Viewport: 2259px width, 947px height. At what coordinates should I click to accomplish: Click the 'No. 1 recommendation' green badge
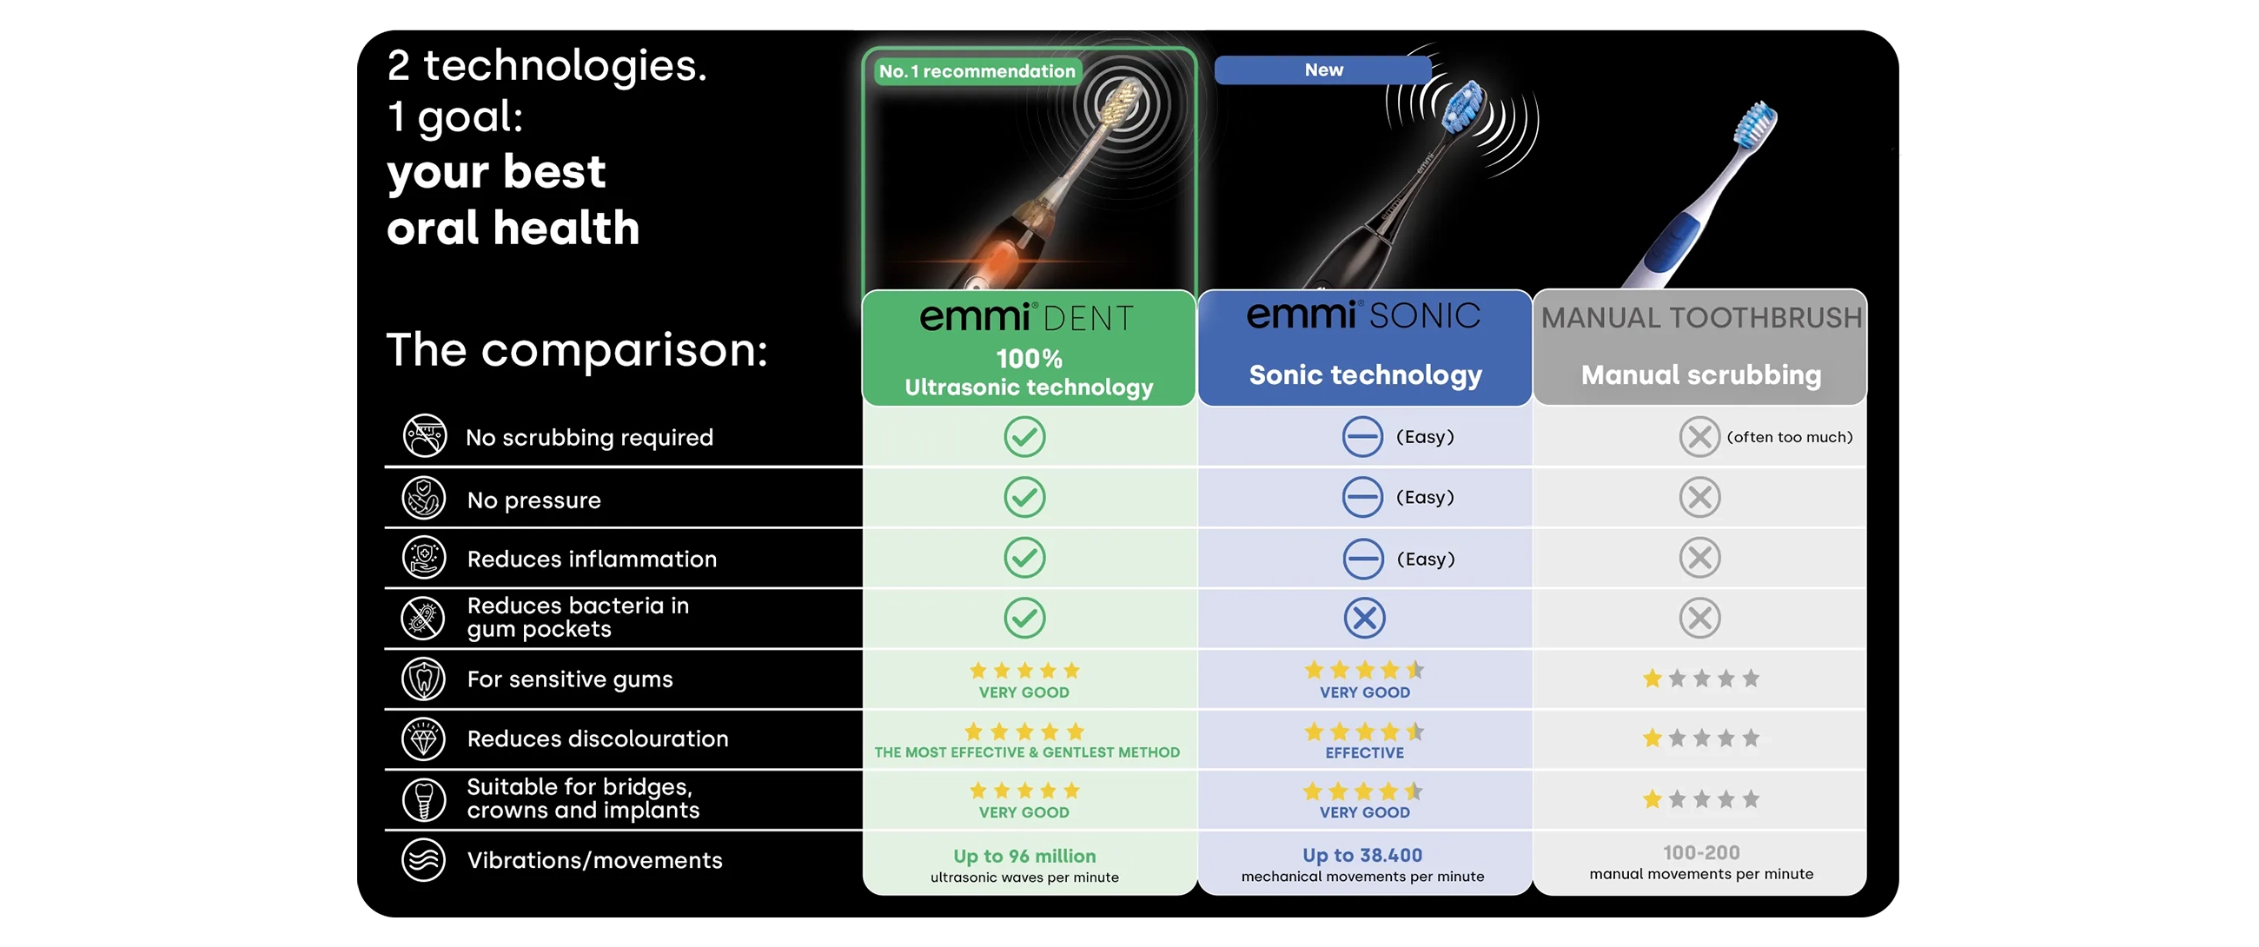click(977, 71)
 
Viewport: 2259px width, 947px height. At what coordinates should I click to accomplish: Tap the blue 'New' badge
click(1322, 70)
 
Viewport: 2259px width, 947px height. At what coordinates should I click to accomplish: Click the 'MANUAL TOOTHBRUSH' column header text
click(1701, 317)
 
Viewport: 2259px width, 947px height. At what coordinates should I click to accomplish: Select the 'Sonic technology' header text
click(1366, 375)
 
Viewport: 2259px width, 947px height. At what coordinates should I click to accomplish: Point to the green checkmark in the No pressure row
click(1024, 497)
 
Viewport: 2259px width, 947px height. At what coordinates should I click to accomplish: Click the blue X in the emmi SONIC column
click(1364, 619)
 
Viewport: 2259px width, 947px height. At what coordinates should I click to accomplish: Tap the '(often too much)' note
click(1789, 437)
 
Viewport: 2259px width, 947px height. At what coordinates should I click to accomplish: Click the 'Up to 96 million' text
click(1024, 856)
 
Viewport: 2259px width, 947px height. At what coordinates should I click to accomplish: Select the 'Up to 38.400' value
click(1361, 855)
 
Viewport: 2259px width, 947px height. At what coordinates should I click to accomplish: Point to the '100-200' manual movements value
click(1701, 852)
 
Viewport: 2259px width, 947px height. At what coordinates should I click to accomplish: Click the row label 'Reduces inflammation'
click(592, 559)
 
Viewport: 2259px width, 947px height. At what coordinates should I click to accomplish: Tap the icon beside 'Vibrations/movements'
click(424, 859)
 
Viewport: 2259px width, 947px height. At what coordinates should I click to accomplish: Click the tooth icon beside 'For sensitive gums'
click(424, 679)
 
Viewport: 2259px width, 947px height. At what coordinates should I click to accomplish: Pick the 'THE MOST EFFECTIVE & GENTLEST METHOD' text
click(1027, 752)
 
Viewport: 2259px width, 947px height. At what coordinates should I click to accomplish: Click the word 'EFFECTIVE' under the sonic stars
click(1364, 753)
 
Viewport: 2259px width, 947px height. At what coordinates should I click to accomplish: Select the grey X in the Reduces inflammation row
click(1699, 558)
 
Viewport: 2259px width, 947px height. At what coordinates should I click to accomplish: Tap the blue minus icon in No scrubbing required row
click(1362, 437)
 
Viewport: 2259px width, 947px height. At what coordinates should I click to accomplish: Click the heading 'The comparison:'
click(577, 350)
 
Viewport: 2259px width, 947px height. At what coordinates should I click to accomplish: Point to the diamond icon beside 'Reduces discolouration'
click(424, 739)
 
